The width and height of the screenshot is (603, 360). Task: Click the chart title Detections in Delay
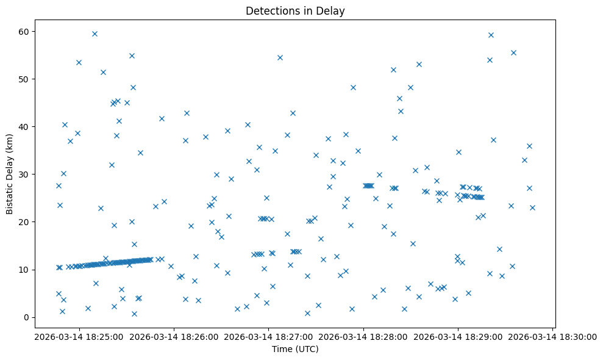[295, 10]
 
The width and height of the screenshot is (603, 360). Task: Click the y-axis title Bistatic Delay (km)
[10, 174]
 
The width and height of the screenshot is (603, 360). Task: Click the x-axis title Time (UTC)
[295, 350]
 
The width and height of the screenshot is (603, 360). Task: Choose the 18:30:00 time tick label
[552, 336]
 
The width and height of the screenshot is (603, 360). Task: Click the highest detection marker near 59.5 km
[95, 34]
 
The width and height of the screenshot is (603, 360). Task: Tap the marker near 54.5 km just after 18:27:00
[280, 57]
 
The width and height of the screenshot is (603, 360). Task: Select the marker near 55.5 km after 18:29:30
[513, 52]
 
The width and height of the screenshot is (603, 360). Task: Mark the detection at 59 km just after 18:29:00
[491, 35]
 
